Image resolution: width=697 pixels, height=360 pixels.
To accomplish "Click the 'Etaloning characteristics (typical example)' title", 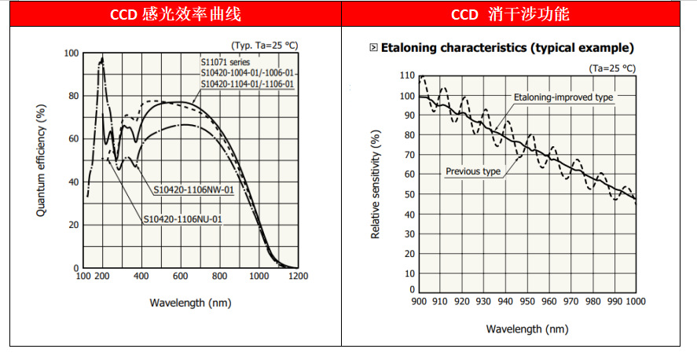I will pyautogui.click(x=507, y=48).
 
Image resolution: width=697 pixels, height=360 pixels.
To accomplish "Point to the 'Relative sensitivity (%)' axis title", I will pyautogui.click(x=376, y=186).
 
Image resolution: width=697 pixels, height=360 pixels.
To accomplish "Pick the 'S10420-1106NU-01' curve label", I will pyautogui.click(x=182, y=219).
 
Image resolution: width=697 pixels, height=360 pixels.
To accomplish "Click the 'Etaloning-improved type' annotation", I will pyautogui.click(x=563, y=97).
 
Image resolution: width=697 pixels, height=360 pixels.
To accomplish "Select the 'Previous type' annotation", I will pyautogui.click(x=473, y=171).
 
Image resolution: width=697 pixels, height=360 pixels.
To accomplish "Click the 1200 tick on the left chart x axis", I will pyautogui.click(x=298, y=277).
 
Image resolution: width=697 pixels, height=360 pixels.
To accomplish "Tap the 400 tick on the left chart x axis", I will pyautogui.click(x=141, y=277).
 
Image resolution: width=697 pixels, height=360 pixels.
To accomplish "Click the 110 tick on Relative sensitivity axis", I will pyautogui.click(x=406, y=75).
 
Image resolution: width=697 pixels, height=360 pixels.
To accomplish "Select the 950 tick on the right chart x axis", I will pyautogui.click(x=526, y=301).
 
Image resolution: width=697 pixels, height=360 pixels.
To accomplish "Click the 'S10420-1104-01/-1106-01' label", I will pyautogui.click(x=247, y=83).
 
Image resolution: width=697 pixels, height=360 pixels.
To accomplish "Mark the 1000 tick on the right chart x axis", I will pyautogui.click(x=634, y=301).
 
